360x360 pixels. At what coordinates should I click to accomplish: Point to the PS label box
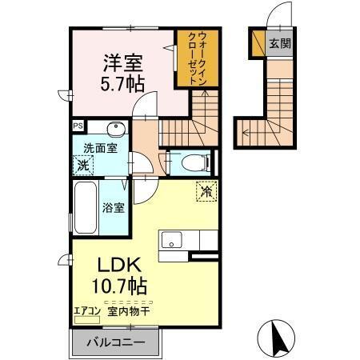tap(78, 126)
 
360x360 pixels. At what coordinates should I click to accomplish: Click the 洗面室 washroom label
tap(100, 148)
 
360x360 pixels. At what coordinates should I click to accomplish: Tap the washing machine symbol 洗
tap(83, 166)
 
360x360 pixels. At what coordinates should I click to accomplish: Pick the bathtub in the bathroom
tap(84, 207)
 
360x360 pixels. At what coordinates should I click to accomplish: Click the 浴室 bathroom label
tap(113, 208)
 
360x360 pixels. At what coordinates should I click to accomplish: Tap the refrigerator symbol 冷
tap(206, 191)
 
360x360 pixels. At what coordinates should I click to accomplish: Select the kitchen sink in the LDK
tap(173, 240)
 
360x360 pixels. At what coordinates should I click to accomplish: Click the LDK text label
tap(120, 266)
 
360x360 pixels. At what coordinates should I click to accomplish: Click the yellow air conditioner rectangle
tap(82, 319)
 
